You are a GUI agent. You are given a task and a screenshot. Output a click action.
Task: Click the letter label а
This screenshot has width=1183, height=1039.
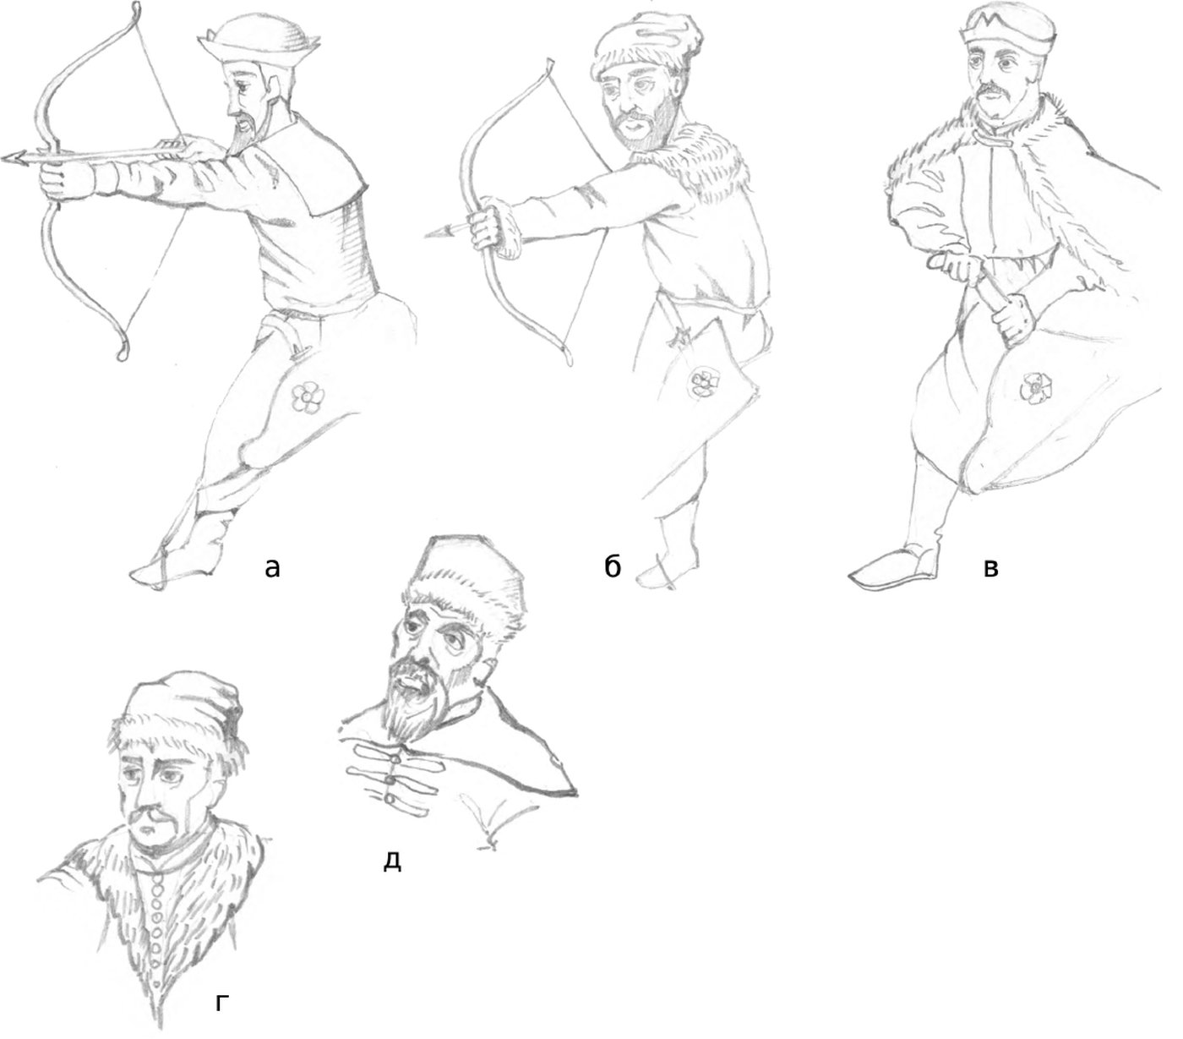point(271,566)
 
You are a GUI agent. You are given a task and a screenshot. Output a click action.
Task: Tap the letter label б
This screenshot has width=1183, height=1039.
point(612,565)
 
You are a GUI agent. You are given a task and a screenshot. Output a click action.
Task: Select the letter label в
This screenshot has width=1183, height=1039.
point(990,567)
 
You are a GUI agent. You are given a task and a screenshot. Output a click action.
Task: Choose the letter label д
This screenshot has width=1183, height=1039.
point(392,860)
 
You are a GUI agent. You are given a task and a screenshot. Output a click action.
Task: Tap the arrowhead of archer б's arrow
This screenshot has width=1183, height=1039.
point(437,232)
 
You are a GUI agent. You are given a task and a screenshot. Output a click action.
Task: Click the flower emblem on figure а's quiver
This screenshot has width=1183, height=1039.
point(307,398)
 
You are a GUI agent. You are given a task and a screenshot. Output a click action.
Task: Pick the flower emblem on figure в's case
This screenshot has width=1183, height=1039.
point(1034,387)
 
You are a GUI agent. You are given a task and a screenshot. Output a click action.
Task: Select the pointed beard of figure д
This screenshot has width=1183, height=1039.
point(403,707)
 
